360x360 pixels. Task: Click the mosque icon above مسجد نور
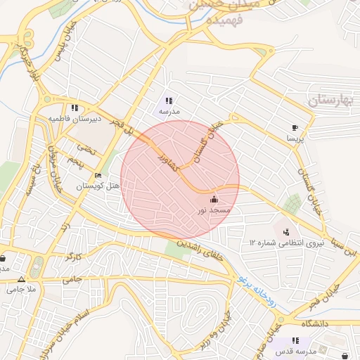214,200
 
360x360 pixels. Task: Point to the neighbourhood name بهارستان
333,102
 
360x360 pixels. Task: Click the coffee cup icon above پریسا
295,128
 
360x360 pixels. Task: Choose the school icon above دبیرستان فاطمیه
74,108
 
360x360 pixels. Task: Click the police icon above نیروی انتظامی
286,231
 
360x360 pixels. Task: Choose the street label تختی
84,149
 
